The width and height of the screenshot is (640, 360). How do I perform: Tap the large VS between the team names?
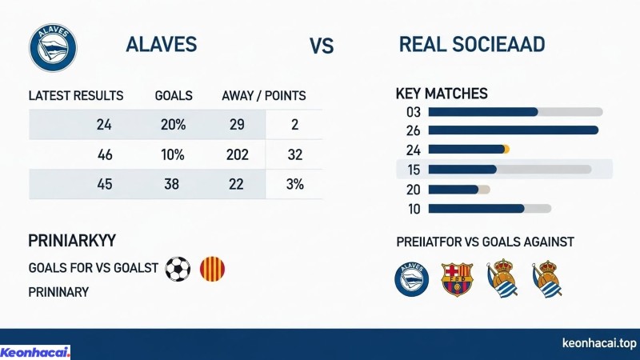point(322,46)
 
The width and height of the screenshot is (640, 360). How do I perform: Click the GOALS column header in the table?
point(174,96)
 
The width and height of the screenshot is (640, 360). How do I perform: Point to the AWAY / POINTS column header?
point(263,96)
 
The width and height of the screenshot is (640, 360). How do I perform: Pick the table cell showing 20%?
point(173,124)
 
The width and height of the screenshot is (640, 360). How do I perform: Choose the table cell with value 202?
point(238,154)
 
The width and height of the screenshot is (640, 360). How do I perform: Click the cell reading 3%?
point(294,184)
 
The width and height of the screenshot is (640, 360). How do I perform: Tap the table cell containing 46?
point(105,154)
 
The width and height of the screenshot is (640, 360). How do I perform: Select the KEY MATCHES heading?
point(442,94)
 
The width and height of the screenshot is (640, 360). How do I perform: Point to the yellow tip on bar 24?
point(506,149)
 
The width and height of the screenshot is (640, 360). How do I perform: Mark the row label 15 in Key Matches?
point(414,170)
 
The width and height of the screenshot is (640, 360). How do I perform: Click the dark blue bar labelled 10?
point(476,209)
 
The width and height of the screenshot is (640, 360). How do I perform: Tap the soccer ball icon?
point(178,269)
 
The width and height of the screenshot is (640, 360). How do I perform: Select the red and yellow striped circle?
point(212,269)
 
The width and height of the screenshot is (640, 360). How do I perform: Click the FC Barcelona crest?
point(458,280)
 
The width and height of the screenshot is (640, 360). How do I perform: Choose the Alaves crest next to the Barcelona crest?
point(412,280)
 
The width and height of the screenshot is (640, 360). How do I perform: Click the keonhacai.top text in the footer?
point(599,344)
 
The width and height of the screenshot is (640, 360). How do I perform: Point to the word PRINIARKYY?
point(72,241)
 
